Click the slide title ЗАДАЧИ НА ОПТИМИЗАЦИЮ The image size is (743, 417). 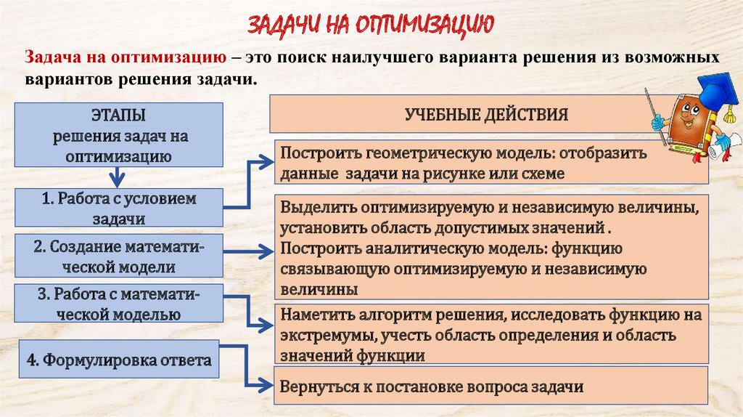pyautogui.click(x=371, y=26)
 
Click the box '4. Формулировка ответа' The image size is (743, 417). pyautogui.click(x=119, y=361)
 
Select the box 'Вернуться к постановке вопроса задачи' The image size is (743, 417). pyautogui.click(x=490, y=386)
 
